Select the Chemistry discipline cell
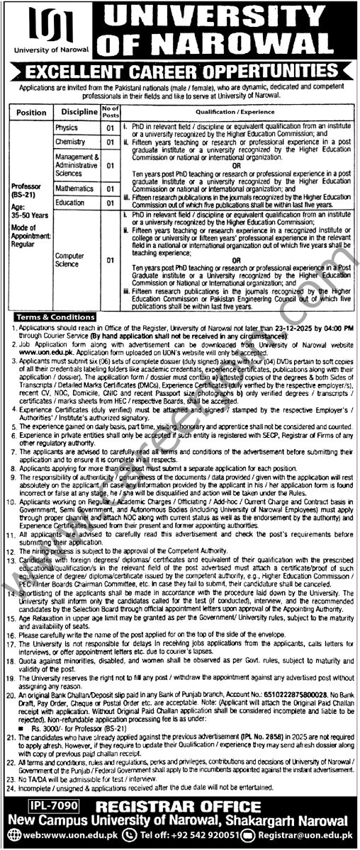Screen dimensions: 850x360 pyautogui.click(x=69, y=142)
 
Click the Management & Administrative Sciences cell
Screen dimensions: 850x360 pyautogui.click(x=76, y=165)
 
